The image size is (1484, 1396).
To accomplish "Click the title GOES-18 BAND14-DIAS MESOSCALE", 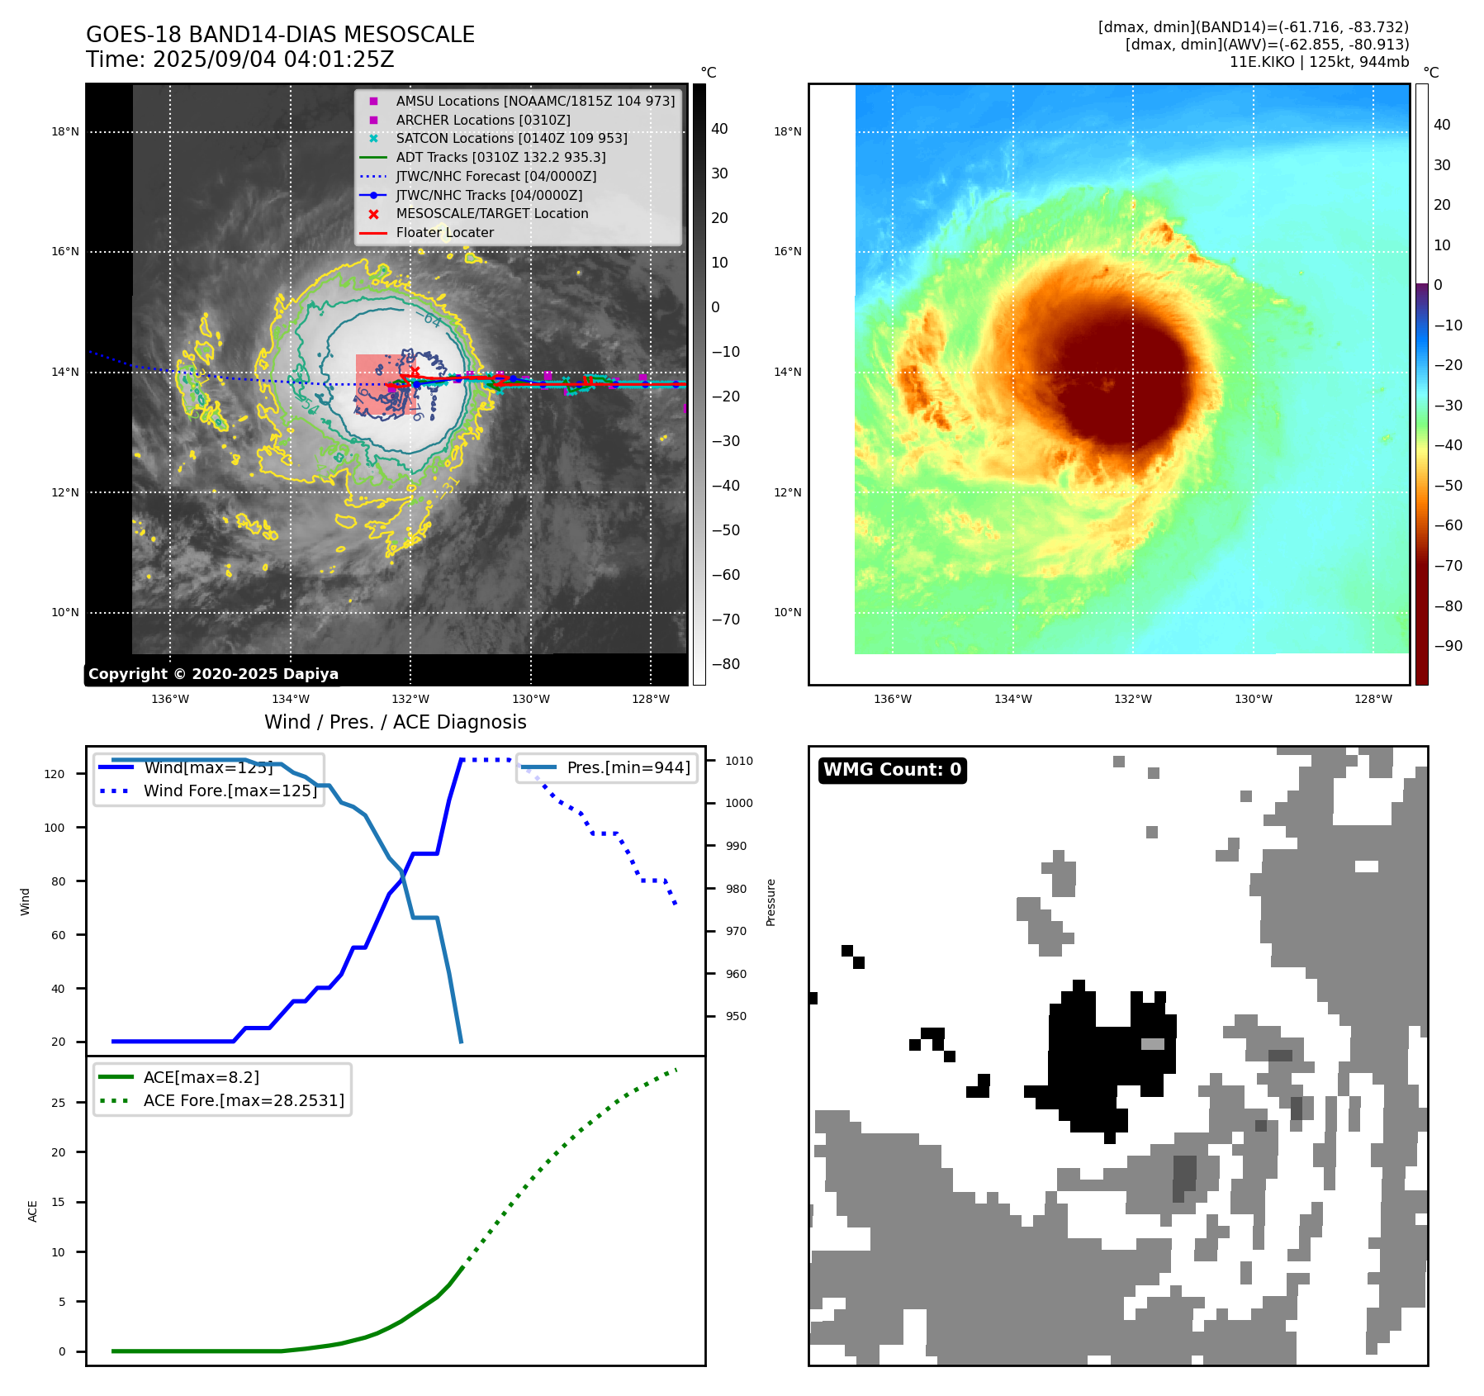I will tap(280, 35).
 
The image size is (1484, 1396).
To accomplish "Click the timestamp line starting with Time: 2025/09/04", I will tap(239, 60).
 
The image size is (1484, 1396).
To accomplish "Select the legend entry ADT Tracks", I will tap(500, 157).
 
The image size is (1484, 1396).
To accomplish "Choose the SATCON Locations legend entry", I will tap(511, 139).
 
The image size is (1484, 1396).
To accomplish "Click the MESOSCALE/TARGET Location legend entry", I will tap(491, 214).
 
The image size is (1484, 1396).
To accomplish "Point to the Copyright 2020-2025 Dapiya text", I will tap(213, 674).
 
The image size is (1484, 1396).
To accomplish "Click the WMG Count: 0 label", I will tap(892, 770).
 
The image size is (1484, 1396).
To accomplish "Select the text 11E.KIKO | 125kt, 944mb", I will tap(1319, 62).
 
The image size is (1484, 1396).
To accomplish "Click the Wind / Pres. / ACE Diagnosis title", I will tap(395, 722).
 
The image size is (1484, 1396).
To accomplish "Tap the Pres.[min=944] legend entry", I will tap(628, 767).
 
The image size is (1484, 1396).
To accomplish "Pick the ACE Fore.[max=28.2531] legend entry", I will tap(244, 1100).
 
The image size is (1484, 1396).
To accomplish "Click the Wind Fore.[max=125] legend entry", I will tap(230, 791).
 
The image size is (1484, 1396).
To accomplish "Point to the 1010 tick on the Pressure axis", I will tap(739, 761).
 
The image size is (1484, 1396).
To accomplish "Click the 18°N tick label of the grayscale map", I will tap(65, 131).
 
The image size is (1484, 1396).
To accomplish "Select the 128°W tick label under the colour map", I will tap(1373, 699).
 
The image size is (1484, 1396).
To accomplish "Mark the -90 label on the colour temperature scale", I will tap(1448, 646).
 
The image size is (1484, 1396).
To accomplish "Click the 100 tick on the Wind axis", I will tap(55, 828).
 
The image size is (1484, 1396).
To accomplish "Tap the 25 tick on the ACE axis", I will tap(58, 1103).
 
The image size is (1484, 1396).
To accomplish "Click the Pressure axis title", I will tap(770, 902).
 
